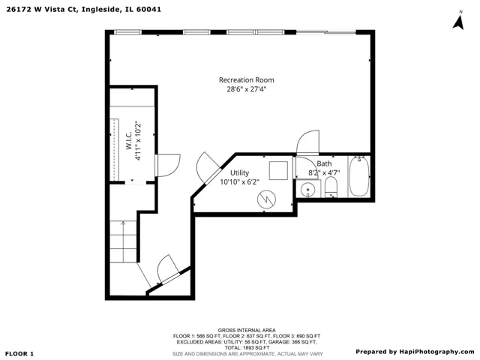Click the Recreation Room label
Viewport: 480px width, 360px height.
tap(247, 80)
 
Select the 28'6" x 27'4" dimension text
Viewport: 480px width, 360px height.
tap(247, 89)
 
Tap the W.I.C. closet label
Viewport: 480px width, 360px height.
tap(129, 140)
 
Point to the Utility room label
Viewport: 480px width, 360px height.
tap(239, 173)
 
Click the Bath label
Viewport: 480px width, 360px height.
tap(324, 163)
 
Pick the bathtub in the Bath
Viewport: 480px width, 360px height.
tap(359, 176)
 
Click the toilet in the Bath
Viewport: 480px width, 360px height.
tap(331, 187)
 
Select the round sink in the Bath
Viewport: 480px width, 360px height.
tap(307, 190)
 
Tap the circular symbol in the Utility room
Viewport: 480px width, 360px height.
tap(266, 199)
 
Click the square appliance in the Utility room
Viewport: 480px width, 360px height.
tap(278, 170)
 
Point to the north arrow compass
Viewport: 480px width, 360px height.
tap(458, 20)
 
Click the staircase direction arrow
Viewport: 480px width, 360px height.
tap(123, 241)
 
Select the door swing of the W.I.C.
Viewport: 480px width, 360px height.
tap(168, 165)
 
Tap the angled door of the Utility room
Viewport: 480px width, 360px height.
tap(208, 168)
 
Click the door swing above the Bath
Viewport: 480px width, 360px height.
tap(308, 142)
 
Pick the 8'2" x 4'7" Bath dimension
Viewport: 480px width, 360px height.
tap(324, 173)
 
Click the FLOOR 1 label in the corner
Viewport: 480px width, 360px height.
tap(19, 354)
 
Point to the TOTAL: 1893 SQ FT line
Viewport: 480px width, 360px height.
tap(247, 348)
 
